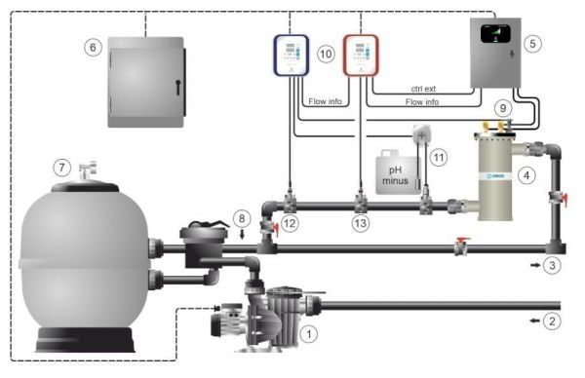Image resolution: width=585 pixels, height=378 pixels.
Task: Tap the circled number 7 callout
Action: click(x=61, y=168)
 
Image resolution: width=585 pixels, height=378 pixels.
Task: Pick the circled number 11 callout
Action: click(x=439, y=156)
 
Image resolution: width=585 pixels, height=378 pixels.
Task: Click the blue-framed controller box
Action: click(x=290, y=57)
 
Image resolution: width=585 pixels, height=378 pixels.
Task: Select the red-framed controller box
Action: click(x=359, y=57)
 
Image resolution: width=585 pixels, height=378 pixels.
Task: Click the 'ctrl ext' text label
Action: click(x=421, y=90)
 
